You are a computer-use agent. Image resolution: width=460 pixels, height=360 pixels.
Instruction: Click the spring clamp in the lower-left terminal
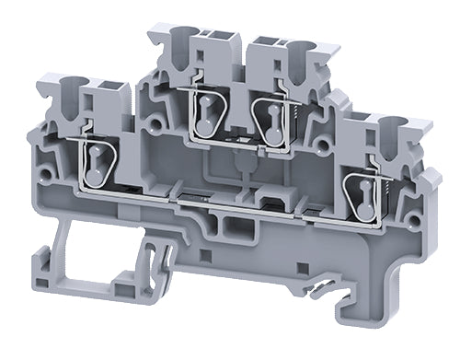coord(98,163)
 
